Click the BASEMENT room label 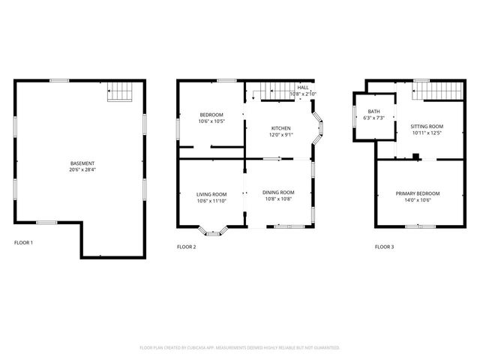tap(82, 163)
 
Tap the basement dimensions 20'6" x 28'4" tap(82, 170)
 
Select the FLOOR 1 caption tap(23, 242)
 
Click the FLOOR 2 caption tap(186, 247)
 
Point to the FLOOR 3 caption tap(384, 247)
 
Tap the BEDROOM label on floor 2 tap(210, 115)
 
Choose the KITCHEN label tap(281, 128)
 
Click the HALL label tap(303, 88)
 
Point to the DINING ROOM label tap(278, 193)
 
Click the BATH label tap(373, 111)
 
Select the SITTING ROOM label tap(427, 126)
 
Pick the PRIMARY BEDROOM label tap(418, 193)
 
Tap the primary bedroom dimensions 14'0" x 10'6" tap(418, 200)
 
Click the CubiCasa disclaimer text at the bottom tap(240, 347)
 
